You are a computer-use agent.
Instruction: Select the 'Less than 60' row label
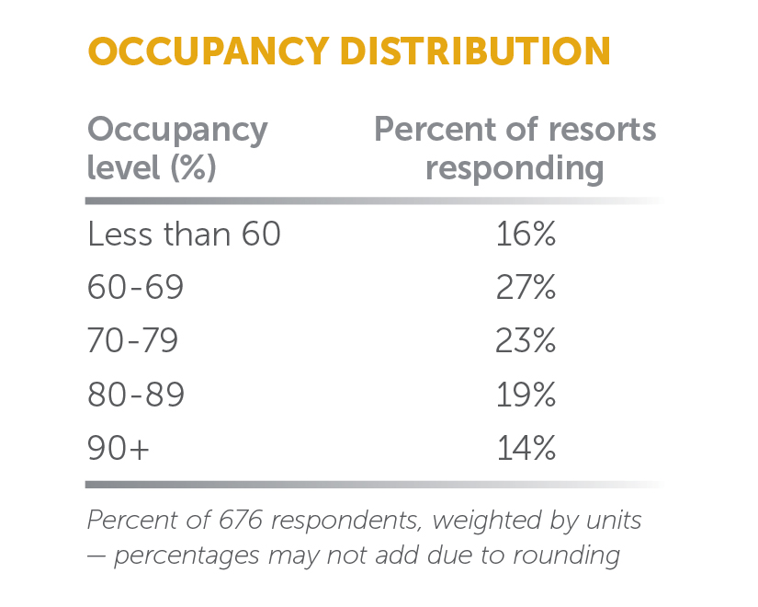[184, 235]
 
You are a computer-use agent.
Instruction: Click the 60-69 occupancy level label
[136, 289]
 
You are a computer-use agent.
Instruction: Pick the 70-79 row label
[133, 342]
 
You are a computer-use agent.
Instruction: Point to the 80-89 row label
[136, 395]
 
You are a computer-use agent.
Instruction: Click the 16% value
[526, 235]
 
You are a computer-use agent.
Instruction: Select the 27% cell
[526, 289]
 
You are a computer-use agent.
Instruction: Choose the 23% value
[526, 342]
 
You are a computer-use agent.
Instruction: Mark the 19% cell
[526, 395]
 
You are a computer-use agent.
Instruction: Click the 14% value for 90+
[526, 449]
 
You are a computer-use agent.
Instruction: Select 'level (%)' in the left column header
[152, 169]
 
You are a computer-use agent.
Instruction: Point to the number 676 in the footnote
[246, 521]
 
